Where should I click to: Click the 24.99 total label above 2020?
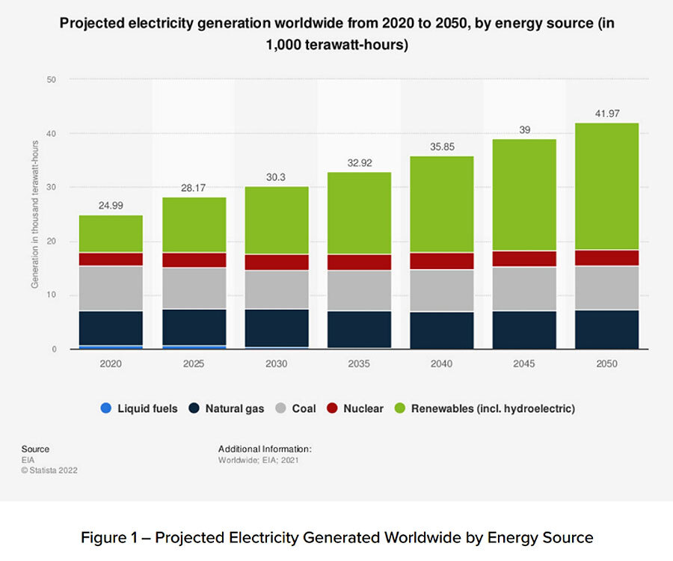tap(111, 204)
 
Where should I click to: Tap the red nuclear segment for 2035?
tap(359, 262)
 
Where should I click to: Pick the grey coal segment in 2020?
tap(111, 288)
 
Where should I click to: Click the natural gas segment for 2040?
tap(441, 330)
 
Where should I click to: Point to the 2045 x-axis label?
tap(523, 364)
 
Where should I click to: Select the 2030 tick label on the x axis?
tap(276, 364)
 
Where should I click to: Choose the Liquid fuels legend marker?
tap(106, 408)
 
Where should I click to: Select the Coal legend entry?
tap(295, 408)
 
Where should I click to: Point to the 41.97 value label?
tap(606, 112)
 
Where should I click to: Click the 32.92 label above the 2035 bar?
tap(359, 162)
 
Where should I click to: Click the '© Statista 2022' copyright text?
tap(49, 470)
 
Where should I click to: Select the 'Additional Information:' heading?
tap(265, 449)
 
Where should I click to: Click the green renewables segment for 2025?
tap(194, 224)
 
